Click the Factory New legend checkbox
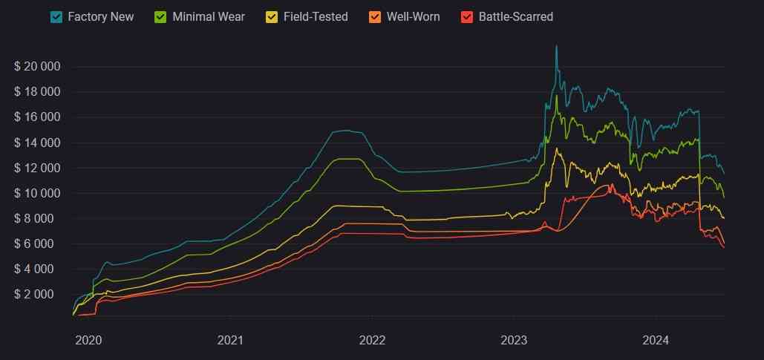[56, 16]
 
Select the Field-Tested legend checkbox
[272, 16]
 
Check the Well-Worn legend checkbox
[376, 16]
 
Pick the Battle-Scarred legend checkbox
[468, 16]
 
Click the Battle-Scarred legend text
[515, 16]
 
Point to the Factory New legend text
[100, 16]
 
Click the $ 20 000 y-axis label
[37, 67]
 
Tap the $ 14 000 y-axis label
[37, 143]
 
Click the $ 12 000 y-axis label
[37, 168]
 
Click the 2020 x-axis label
[88, 341]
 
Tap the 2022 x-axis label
[372, 341]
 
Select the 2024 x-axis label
[656, 341]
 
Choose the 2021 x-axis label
[230, 341]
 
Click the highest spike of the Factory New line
[556, 47]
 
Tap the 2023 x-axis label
[514, 341]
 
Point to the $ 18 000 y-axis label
[37, 92]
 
